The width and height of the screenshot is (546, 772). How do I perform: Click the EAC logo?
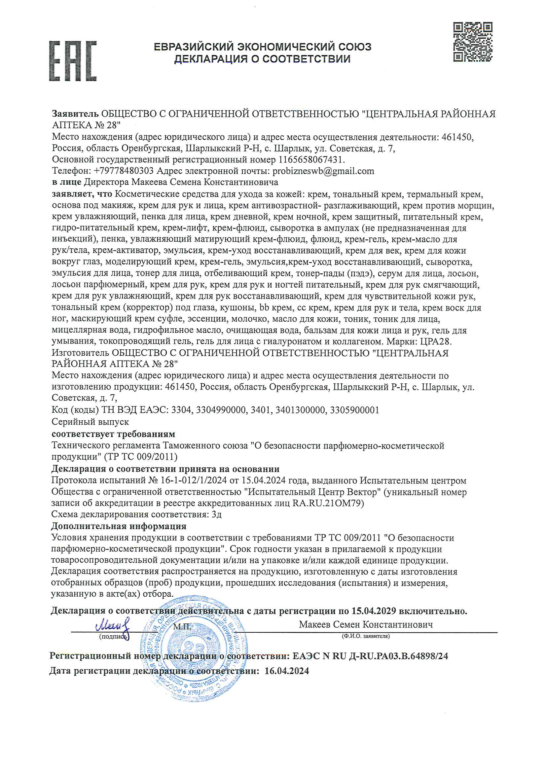(x=73, y=61)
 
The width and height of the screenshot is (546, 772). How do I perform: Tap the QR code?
(x=472, y=42)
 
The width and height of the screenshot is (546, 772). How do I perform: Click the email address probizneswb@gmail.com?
(x=323, y=171)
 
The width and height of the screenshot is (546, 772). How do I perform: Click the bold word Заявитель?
(x=75, y=114)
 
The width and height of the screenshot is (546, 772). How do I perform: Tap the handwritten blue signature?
(x=113, y=626)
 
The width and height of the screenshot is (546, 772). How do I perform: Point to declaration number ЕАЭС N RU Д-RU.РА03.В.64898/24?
(x=370, y=656)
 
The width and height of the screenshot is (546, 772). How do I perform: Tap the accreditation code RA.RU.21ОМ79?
(x=328, y=503)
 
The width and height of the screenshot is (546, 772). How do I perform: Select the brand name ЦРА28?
(x=435, y=342)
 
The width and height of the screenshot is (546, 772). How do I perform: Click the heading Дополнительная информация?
(x=119, y=526)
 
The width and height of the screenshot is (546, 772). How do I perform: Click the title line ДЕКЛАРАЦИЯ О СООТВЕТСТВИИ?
(x=262, y=59)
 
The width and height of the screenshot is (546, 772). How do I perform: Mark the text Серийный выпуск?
(x=90, y=422)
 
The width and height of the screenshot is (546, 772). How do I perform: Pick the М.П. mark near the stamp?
(x=182, y=626)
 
